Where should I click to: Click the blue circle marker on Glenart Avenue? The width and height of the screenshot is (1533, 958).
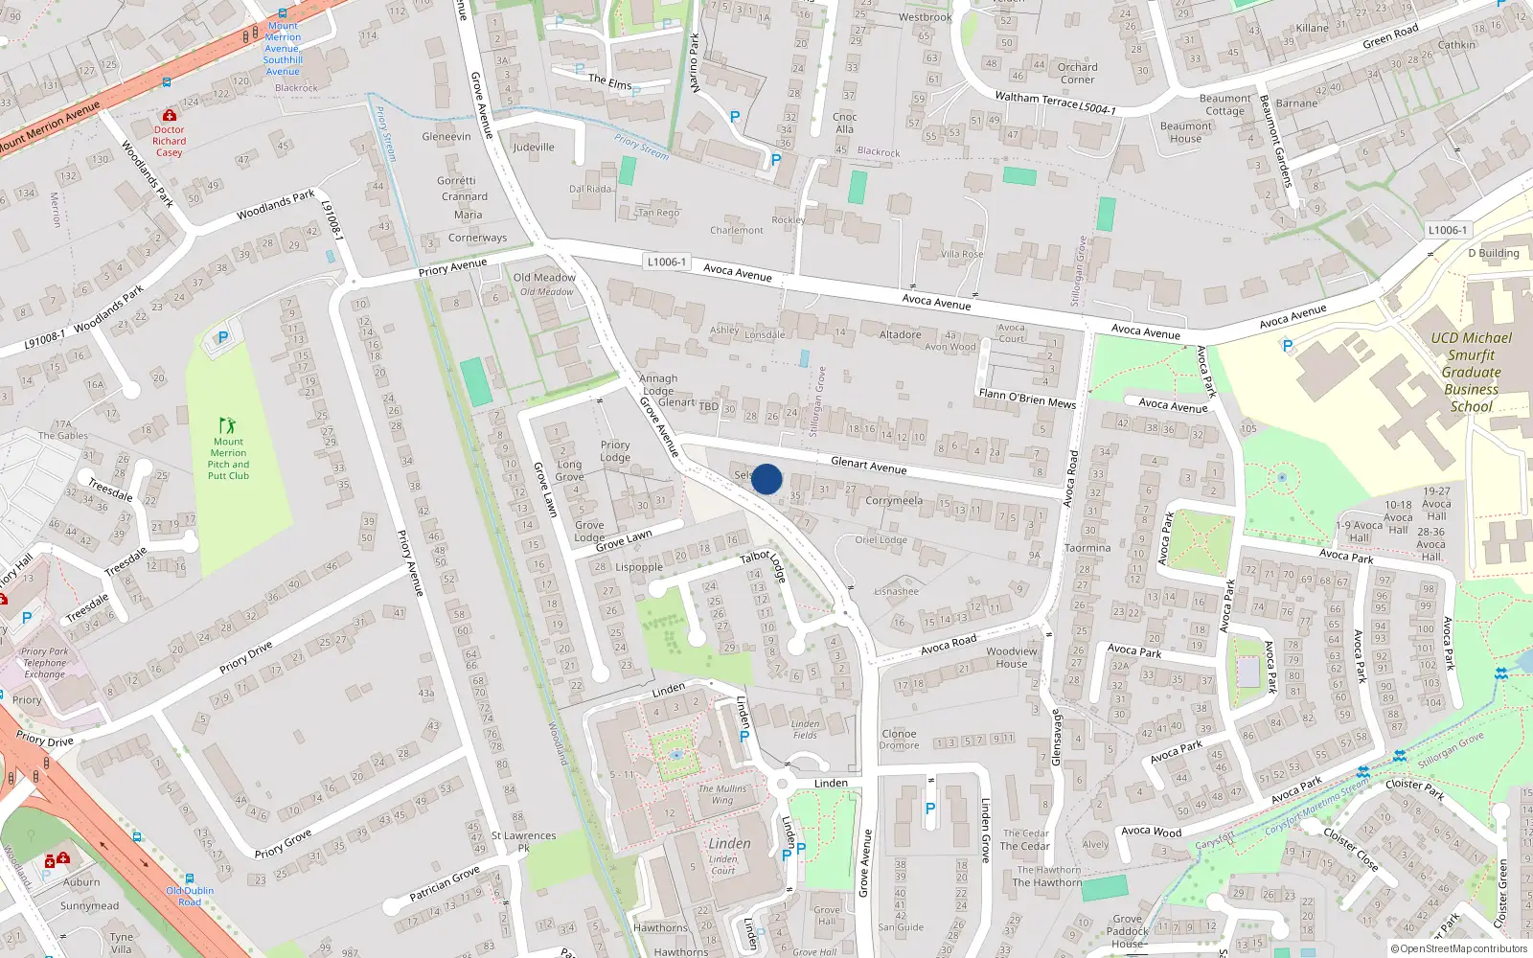tap(766, 479)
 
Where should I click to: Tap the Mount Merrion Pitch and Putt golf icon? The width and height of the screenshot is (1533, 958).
tap(227, 424)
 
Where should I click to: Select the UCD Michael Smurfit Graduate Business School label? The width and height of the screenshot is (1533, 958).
tap(1471, 372)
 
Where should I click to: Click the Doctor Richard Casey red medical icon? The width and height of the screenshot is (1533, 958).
tap(170, 115)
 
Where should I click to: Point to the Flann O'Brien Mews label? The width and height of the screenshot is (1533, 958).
tap(1027, 398)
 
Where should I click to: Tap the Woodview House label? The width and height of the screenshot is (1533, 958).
tap(1012, 657)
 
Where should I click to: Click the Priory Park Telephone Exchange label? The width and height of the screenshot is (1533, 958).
tap(45, 663)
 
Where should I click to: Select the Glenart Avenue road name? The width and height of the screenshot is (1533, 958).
tap(868, 466)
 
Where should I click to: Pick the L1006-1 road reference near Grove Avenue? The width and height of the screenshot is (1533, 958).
tap(666, 262)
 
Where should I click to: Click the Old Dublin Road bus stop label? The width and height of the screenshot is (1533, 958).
tap(190, 896)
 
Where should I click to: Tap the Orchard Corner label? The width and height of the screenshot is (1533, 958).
tap(1077, 73)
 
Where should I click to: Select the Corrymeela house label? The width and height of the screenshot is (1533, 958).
tap(894, 500)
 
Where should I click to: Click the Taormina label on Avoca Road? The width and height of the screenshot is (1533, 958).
tap(1087, 548)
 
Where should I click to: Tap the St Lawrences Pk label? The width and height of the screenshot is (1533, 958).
tap(523, 841)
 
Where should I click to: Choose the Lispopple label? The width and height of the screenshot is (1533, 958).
tap(639, 567)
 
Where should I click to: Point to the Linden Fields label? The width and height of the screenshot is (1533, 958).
tap(805, 729)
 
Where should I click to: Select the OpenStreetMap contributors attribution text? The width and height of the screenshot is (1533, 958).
tap(1459, 948)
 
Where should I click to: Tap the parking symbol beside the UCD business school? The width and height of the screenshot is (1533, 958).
tap(1287, 346)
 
